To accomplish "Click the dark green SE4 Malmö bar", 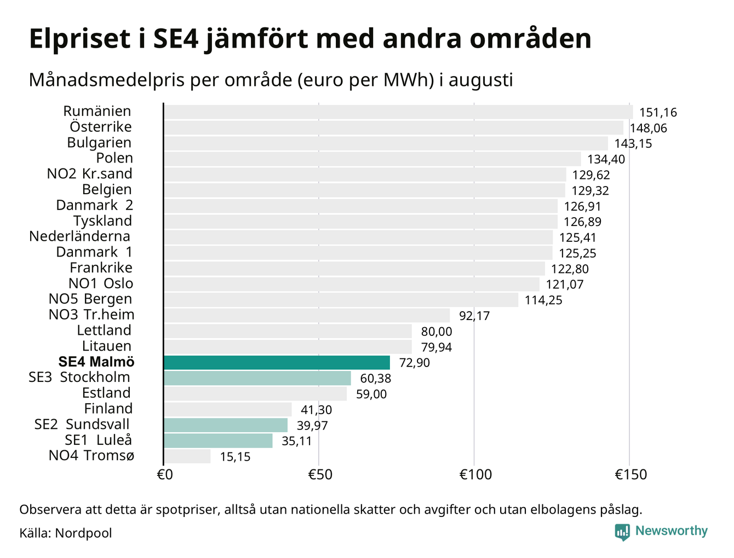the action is tap(277, 362).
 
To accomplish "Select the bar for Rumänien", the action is tap(398, 112).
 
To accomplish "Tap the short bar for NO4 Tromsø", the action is tap(187, 456).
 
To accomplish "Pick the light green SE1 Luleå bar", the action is tap(218, 440).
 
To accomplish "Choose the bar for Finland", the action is tap(228, 409).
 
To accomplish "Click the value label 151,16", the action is tap(658, 113).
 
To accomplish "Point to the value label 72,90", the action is tap(414, 363).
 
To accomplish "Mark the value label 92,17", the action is tap(474, 316).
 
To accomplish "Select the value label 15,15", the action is tap(235, 457).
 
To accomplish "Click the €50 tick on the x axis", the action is tap(320, 474).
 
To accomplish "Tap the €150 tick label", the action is tap(630, 474).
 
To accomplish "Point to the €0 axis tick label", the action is tap(165, 474).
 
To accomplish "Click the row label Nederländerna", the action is tap(79, 236).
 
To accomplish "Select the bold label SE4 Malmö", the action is tap(96, 362).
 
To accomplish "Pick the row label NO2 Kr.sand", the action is tap(90, 173).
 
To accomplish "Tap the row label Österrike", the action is tap(101, 126).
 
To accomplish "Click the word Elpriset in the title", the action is tap(79, 39).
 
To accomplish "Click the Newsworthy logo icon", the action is tap(622, 532).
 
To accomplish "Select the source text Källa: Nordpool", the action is tap(66, 533).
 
